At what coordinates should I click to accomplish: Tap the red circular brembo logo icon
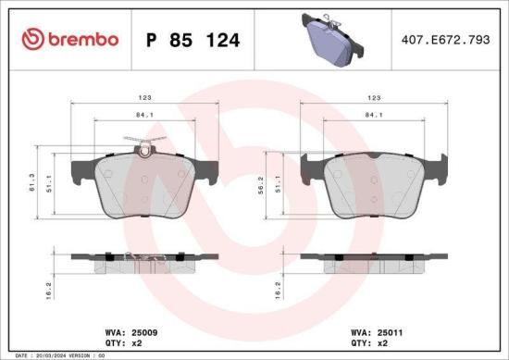(x=32, y=39)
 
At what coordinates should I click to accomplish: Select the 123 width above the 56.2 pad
(x=374, y=96)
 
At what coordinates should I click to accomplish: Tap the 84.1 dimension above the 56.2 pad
(x=374, y=117)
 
